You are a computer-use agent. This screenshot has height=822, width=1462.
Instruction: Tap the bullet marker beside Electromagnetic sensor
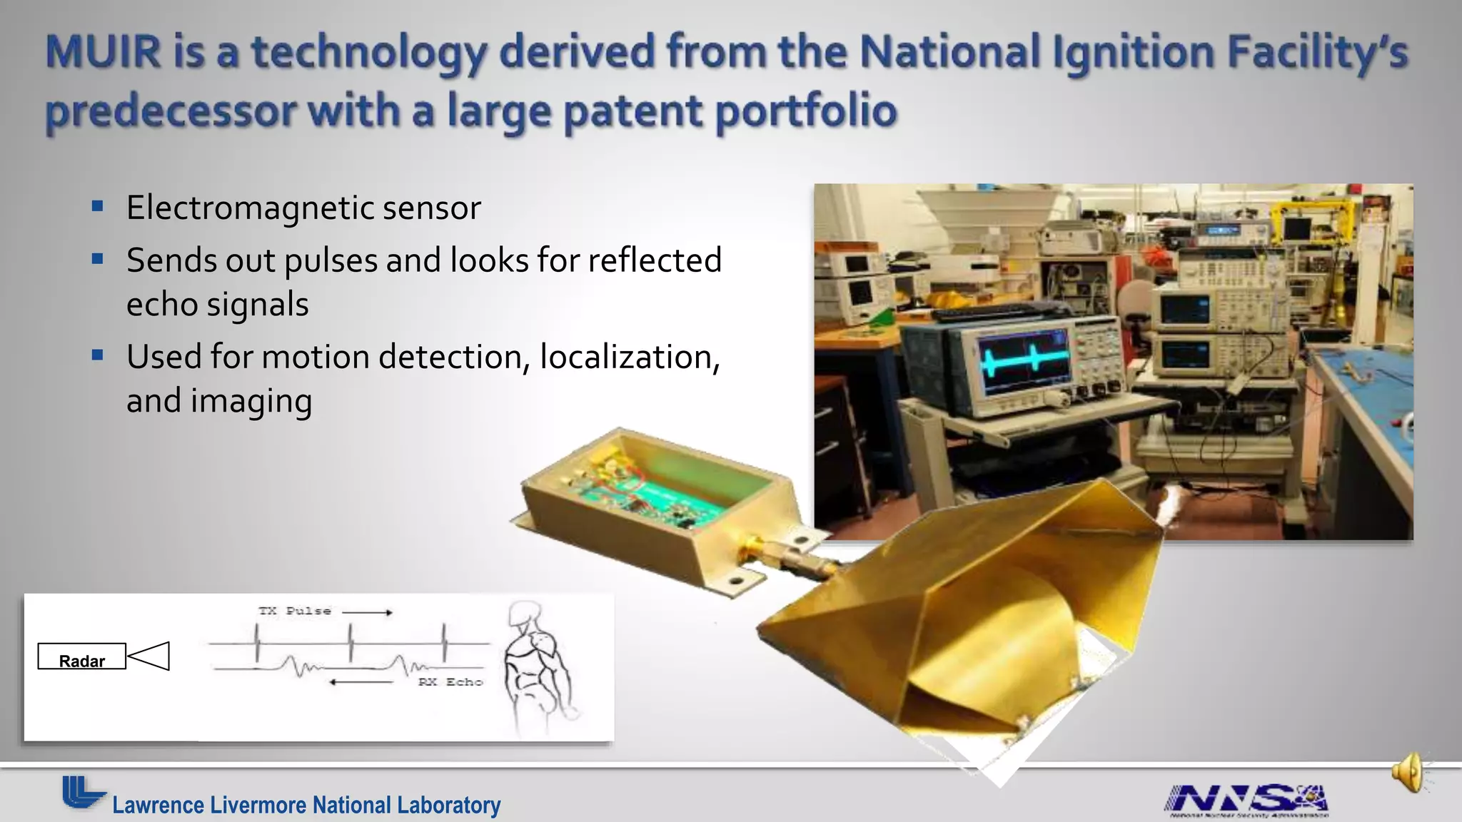[x=98, y=208]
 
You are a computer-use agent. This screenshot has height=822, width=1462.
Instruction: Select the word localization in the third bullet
[x=630, y=357]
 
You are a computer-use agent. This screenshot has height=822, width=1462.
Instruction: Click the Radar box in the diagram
[x=82, y=656]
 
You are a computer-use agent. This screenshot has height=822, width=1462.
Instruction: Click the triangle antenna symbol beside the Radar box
[x=150, y=656]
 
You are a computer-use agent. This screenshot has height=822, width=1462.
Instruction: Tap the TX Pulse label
[x=294, y=611]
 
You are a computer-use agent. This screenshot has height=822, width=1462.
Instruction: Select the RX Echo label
[x=450, y=682]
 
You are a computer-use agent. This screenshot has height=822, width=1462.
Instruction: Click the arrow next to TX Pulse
[x=367, y=612]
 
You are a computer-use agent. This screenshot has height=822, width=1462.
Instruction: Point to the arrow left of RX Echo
[x=361, y=682]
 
